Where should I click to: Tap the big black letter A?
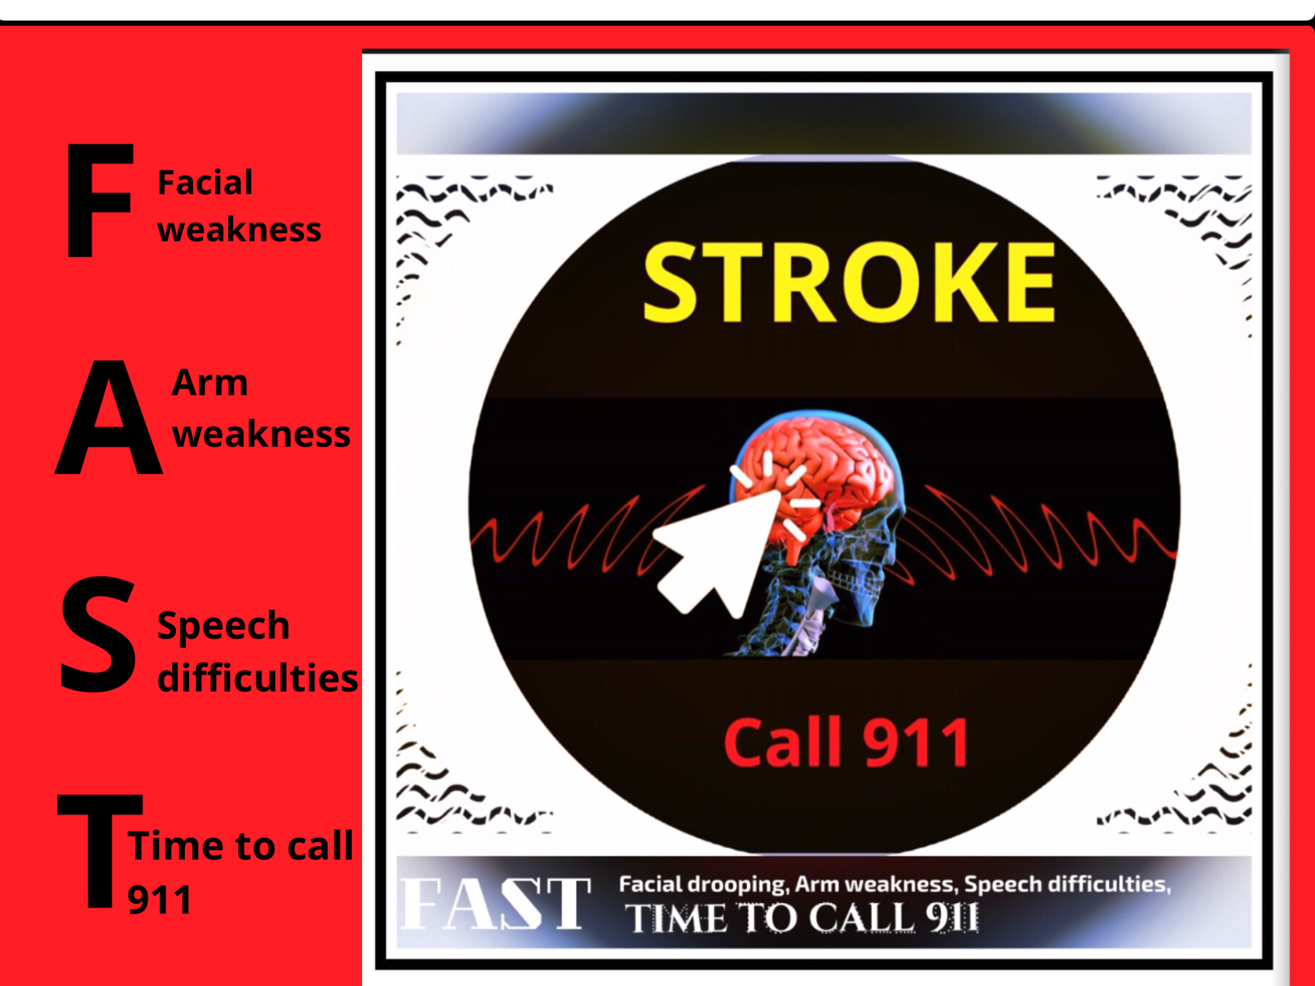pyautogui.click(x=109, y=417)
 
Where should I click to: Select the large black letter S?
pyautogui.click(x=98, y=634)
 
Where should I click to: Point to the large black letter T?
pyautogui.click(x=100, y=851)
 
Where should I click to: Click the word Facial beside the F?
pyautogui.click(x=205, y=182)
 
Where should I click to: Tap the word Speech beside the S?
pyautogui.click(x=223, y=626)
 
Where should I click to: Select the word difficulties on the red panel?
pyautogui.click(x=258, y=678)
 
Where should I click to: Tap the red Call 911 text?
pyautogui.click(x=846, y=743)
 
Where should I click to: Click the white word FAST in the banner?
pyautogui.click(x=494, y=904)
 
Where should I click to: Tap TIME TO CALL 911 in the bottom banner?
pyautogui.click(x=803, y=918)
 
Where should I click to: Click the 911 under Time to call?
pyautogui.click(x=160, y=900)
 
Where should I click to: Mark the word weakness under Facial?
pyautogui.click(x=239, y=230)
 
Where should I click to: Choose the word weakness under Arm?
pyautogui.click(x=261, y=434)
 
